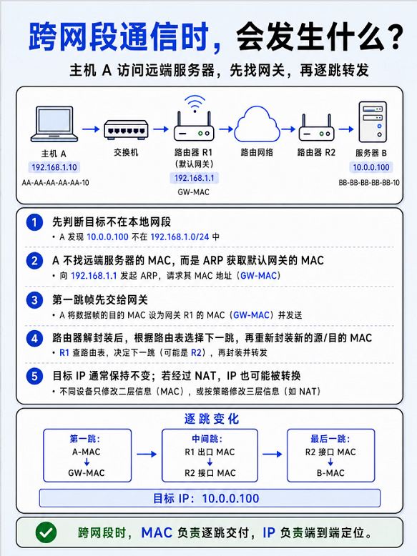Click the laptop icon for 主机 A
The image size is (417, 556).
54,124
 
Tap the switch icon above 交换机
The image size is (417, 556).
126,129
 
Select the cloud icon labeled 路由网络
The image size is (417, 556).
257,124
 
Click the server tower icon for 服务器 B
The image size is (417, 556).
372,122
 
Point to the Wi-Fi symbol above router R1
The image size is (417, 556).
195,104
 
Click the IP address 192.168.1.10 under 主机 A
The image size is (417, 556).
54,167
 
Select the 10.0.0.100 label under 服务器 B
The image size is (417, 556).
371,167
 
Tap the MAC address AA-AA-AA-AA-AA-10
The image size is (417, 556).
55,183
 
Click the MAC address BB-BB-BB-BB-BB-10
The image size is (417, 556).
369,183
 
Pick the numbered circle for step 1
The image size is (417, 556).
34,222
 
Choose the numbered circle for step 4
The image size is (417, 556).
34,339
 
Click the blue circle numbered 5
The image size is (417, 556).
34,376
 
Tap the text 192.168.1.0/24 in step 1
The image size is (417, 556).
180,237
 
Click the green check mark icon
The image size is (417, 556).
46,532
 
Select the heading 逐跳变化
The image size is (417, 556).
212,419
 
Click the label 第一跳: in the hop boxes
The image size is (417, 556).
85,439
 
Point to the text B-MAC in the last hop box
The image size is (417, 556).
330,473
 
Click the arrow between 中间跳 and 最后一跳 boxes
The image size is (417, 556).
273,454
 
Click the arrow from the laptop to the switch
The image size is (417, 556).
91,129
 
